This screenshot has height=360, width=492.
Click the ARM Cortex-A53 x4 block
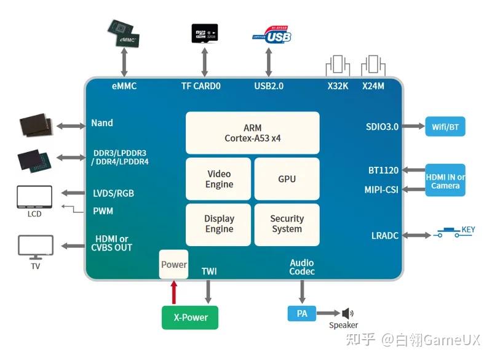click(252, 132)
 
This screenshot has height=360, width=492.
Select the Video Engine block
click(219, 179)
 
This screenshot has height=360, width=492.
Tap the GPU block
click(287, 179)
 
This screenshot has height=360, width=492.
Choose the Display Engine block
click(219, 224)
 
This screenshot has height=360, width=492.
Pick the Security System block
click(287, 224)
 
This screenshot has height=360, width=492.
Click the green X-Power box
click(189, 318)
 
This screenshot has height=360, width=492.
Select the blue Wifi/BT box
click(445, 127)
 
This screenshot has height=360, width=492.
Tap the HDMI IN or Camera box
click(445, 180)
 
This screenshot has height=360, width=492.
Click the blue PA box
click(301, 313)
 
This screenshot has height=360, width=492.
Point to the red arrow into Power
click(173, 292)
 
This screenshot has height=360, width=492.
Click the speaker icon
click(347, 313)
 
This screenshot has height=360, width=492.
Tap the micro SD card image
click(204, 33)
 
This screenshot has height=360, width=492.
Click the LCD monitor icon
click(34, 197)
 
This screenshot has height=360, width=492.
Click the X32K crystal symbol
click(338, 65)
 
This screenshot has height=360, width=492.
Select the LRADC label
click(385, 236)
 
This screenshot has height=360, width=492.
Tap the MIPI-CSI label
click(381, 190)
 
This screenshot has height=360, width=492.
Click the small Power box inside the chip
click(173, 265)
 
